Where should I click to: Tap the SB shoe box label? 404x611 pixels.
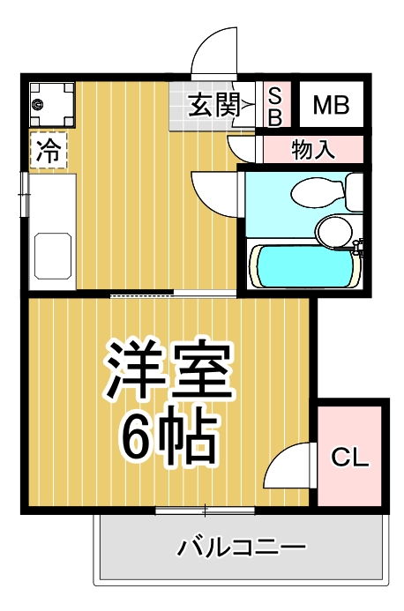pos(274,106)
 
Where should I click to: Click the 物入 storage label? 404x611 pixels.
pos(313,149)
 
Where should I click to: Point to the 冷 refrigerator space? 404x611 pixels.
pos(49,150)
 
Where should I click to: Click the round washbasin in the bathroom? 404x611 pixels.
pos(334,231)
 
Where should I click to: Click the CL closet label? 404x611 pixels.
pos(349,458)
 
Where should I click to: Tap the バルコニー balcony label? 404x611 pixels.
pos(242,548)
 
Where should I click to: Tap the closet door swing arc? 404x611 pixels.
pos(289,465)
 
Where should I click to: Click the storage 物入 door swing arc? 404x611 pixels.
pos(242,146)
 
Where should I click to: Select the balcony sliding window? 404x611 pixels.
pos(206,510)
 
